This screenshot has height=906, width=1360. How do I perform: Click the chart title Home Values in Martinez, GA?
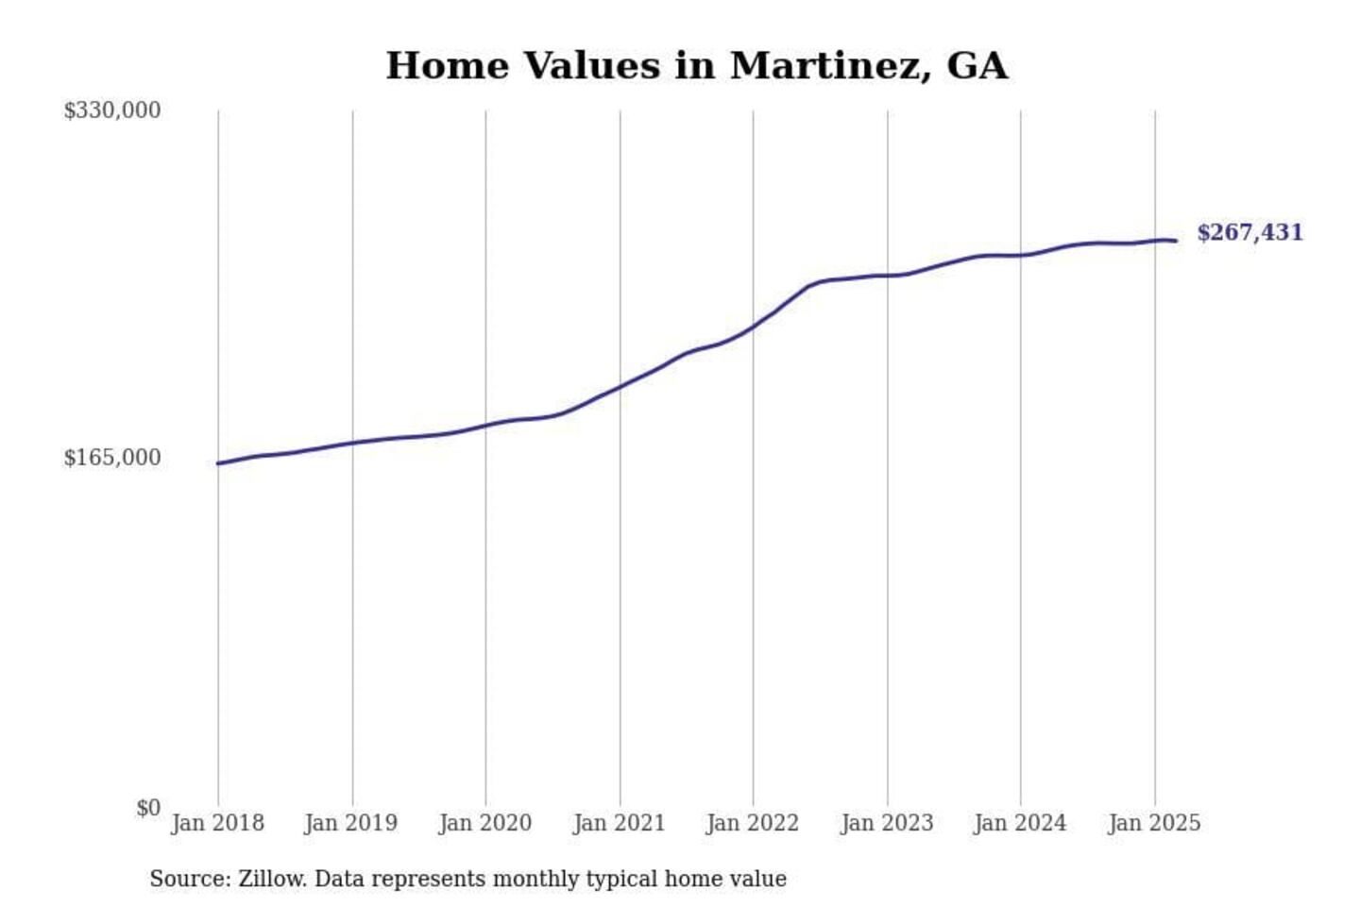pos(697,66)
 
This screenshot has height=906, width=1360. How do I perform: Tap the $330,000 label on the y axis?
pos(111,110)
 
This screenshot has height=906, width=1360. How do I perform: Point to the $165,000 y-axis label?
pos(111,458)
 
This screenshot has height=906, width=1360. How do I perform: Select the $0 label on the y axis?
pos(147,808)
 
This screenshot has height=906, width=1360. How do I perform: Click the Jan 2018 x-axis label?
pos(217,823)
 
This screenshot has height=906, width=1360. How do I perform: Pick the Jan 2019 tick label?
pos(351,823)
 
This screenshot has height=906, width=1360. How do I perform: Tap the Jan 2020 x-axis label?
pos(485,823)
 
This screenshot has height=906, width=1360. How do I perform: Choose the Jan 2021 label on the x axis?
pos(620,823)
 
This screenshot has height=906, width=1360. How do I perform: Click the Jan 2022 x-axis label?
pos(753,823)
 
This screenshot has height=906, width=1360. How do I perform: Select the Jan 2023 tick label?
pos(887,823)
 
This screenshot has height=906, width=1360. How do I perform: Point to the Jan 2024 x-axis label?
pos(1020,823)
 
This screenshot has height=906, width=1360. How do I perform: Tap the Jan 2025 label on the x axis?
pos(1154,823)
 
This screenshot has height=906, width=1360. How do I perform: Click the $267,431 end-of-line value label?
pos(1249,232)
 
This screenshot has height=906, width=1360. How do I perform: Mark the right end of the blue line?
pos(1176,241)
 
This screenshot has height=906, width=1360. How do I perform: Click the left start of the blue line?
pos(218,463)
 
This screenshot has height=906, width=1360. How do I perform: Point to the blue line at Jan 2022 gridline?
pos(754,327)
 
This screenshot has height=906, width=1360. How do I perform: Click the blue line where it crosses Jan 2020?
pos(485,426)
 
